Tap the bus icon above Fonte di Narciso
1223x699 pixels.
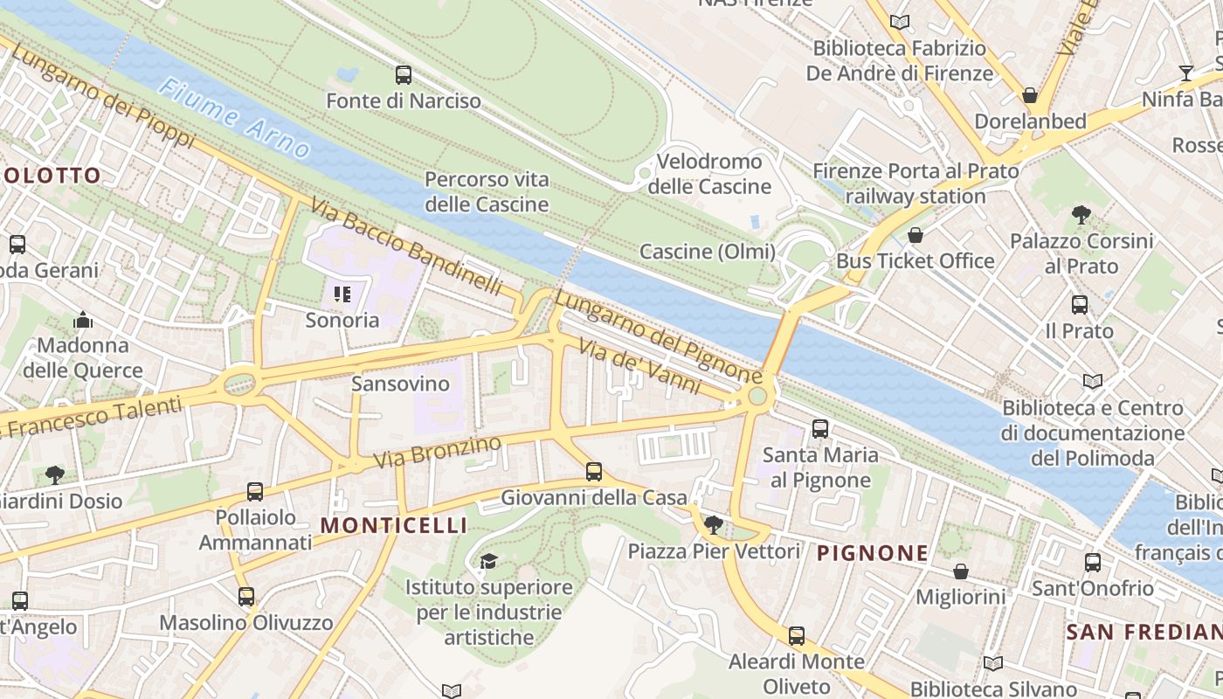pos(403,75)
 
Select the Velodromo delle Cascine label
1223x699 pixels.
pos(709,174)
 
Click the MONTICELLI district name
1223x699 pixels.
pos(393,525)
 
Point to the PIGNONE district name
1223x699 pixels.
pos(873,553)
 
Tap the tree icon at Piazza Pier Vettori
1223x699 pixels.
pos(714,524)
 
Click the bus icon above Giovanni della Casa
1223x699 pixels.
pos(594,472)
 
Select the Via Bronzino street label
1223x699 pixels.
pos(438,451)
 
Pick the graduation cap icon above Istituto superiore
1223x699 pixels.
pos(488,561)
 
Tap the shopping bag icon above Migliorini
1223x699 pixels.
pos(961,571)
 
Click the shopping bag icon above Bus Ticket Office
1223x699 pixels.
pos(916,235)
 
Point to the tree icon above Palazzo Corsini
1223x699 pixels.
pos(1081,214)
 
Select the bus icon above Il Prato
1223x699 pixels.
pos(1080,305)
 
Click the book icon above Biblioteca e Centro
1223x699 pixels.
pos(1092,381)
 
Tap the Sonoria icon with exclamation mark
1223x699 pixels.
pos(342,294)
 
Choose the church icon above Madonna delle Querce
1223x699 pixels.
pos(83,320)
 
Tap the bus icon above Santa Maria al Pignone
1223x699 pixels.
pos(820,428)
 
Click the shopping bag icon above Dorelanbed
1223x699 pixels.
pos(1030,94)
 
